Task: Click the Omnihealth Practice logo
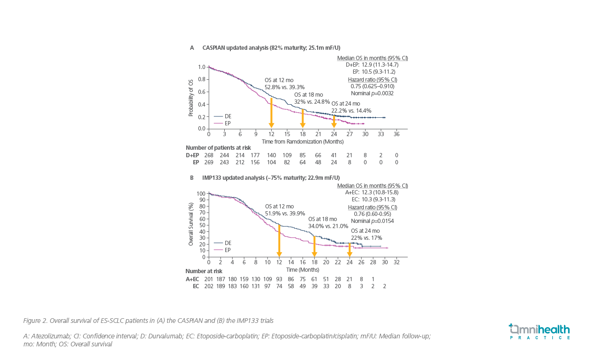(540, 331)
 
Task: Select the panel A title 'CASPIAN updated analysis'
(236, 48)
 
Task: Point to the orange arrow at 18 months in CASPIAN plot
(303, 118)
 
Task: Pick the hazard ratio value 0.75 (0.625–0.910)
(372, 86)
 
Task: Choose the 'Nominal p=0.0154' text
(372, 221)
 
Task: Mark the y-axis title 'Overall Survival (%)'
(191, 224)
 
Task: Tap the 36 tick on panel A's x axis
(396, 135)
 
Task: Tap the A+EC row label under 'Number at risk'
(192, 279)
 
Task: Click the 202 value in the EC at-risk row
(209, 286)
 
